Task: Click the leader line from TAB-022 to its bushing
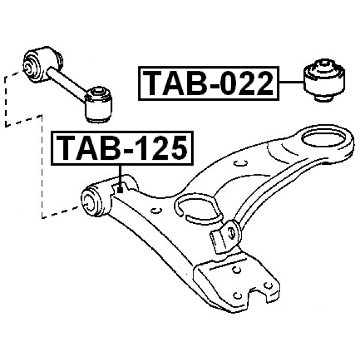click(291, 83)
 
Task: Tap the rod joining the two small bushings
click(67, 81)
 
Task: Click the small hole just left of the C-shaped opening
click(157, 210)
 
